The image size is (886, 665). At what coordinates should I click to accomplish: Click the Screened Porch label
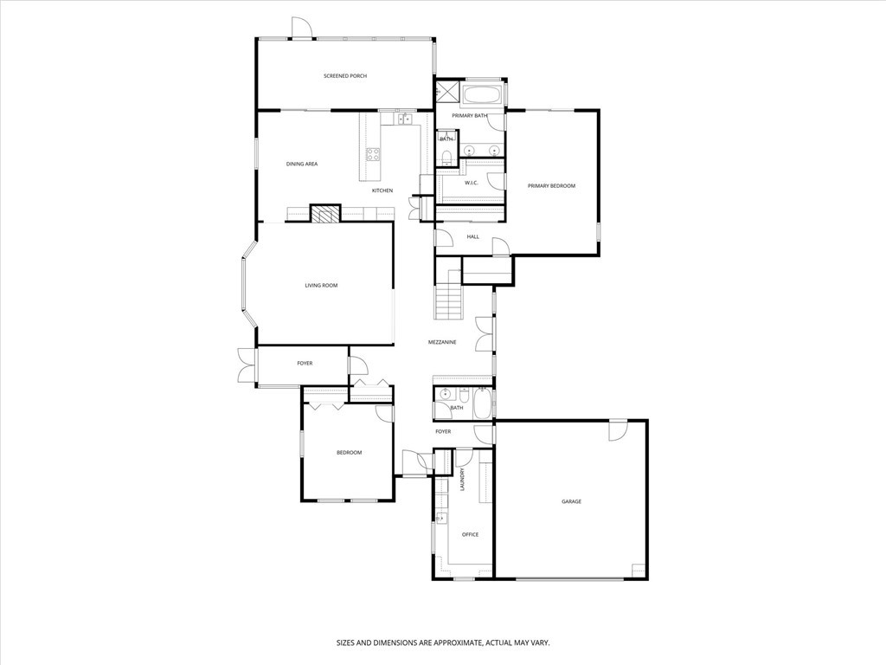[344, 76]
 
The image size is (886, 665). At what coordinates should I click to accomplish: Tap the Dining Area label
[302, 164]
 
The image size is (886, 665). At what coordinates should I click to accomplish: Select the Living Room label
[321, 286]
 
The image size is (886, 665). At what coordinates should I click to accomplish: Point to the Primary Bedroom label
[551, 186]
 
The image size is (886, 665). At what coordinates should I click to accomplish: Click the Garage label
[571, 501]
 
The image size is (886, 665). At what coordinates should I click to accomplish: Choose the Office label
[470, 534]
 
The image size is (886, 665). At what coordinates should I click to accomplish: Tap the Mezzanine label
[442, 342]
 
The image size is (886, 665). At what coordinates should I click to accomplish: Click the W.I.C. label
[472, 183]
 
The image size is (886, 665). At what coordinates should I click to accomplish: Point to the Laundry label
[462, 480]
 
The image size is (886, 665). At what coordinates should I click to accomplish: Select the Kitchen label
[382, 190]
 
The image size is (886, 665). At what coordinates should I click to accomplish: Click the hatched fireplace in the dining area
[325, 213]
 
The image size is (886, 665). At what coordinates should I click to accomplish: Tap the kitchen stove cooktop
[373, 154]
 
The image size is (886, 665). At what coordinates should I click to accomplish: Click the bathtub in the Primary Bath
[482, 95]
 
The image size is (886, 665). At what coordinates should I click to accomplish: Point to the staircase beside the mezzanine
[449, 294]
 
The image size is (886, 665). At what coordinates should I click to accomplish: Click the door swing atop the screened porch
[301, 27]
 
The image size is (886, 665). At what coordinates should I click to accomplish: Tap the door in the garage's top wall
[618, 429]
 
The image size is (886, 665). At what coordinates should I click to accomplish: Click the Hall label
[473, 237]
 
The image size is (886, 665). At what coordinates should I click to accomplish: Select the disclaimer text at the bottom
[443, 643]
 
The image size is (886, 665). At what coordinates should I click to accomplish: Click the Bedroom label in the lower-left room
[350, 452]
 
